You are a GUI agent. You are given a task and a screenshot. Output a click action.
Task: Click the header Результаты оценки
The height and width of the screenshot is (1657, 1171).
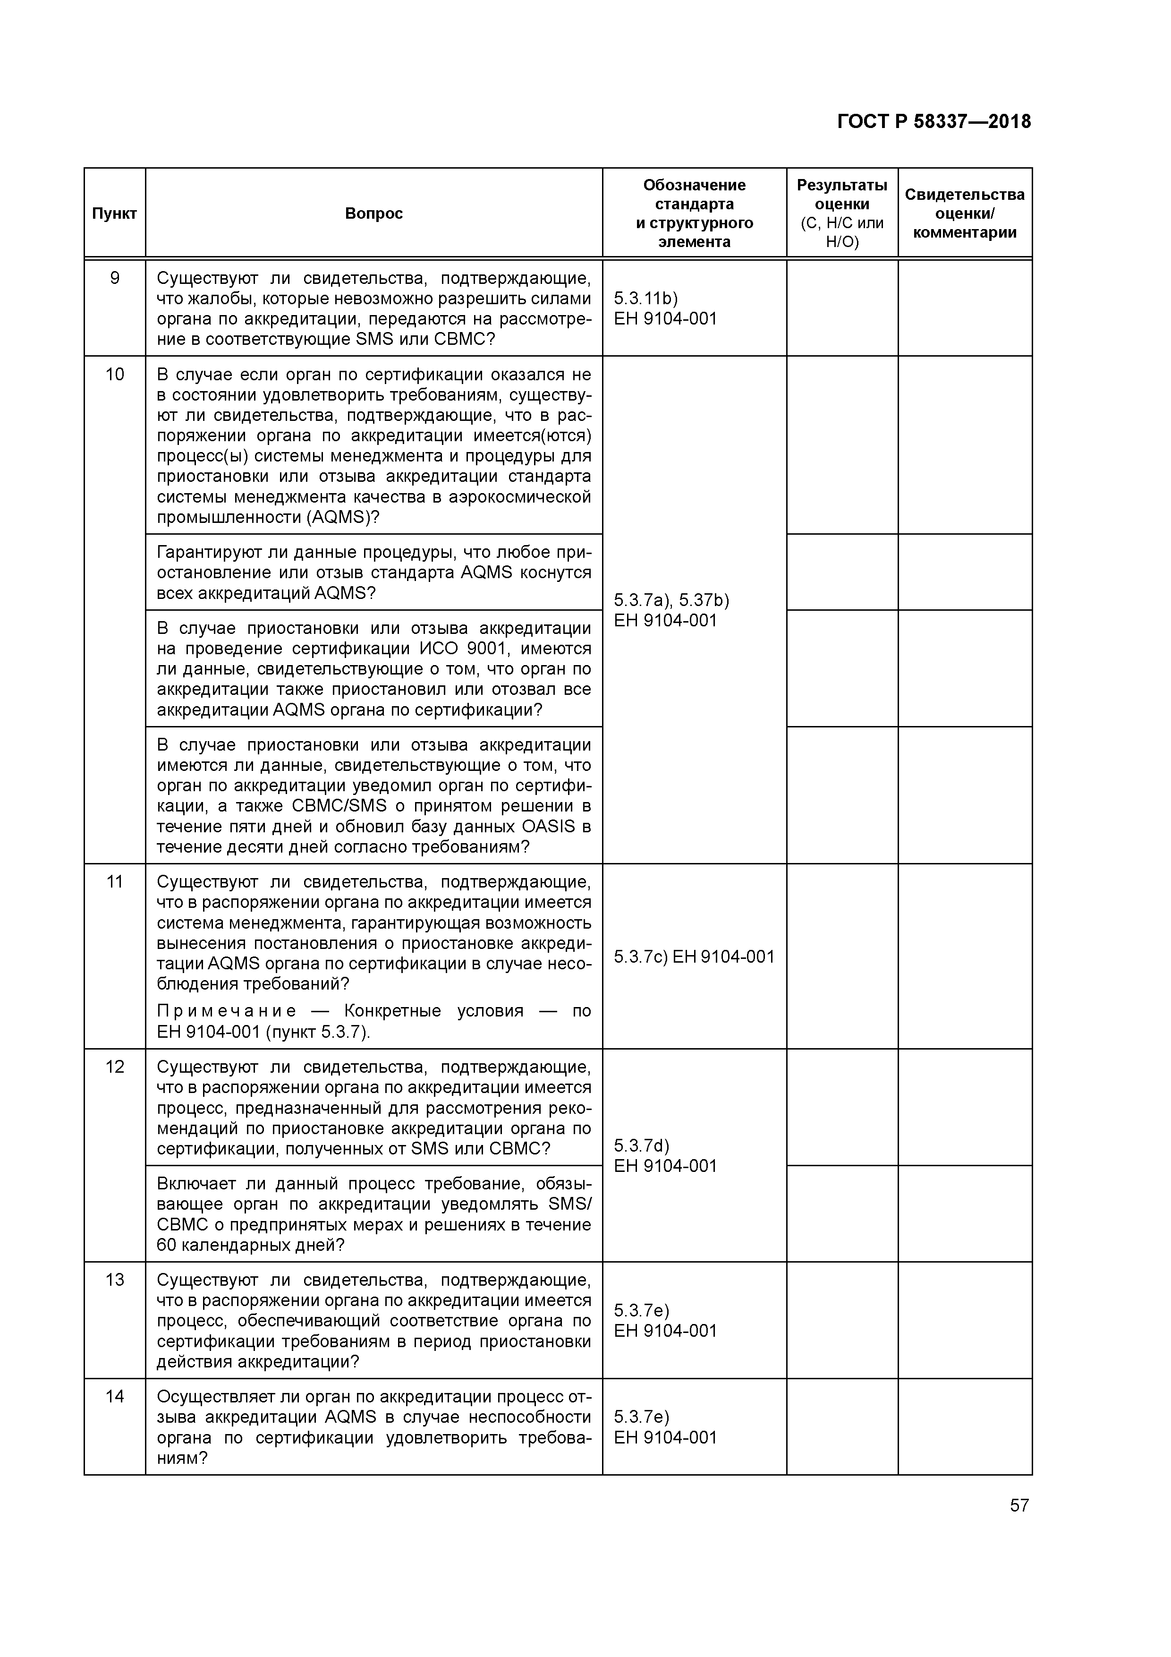point(841,195)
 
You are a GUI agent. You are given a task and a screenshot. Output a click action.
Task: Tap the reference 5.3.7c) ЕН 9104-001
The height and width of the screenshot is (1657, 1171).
point(693,957)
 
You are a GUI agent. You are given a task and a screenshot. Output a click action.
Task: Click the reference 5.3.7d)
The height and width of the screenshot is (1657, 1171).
point(641,1146)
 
